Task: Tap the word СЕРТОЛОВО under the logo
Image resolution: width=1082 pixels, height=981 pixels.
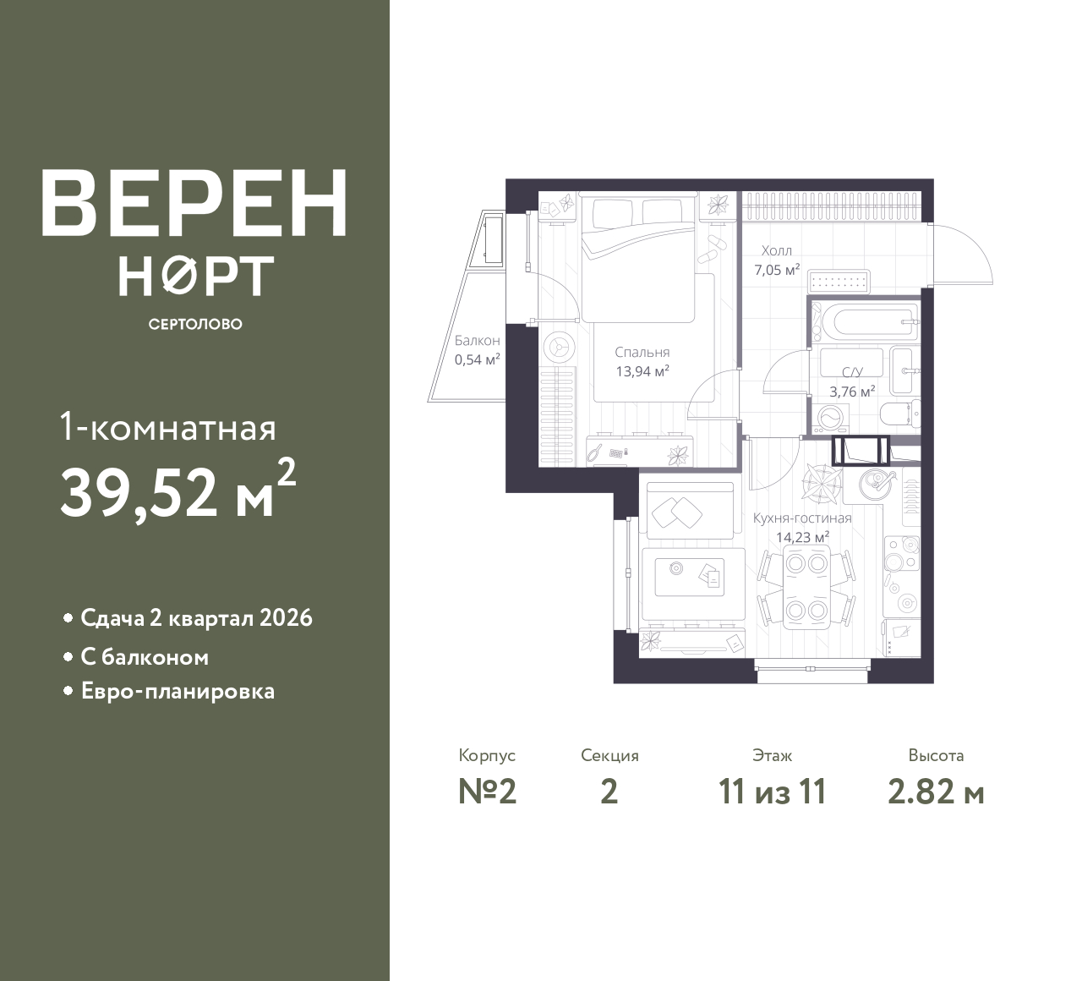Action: coord(195,325)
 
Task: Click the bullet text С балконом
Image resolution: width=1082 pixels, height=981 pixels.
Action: coord(145,657)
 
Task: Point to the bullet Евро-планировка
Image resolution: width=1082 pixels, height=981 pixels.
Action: coord(178,691)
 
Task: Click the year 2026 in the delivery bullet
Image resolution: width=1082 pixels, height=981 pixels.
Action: coord(286,618)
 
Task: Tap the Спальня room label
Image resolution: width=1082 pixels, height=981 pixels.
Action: coord(642,352)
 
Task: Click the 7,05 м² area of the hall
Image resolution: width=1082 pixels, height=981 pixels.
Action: coord(776,271)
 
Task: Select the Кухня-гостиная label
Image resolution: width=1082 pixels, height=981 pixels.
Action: coord(801,518)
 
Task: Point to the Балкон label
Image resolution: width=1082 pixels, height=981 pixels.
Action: coord(477,341)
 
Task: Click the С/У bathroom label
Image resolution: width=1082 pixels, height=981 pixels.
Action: coord(851,372)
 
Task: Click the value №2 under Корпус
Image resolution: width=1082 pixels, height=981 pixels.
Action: coord(487,792)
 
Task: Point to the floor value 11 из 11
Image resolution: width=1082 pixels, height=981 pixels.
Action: coord(772,792)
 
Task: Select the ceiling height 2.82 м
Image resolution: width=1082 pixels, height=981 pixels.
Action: coord(936,792)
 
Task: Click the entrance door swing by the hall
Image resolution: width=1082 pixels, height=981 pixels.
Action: coord(964,254)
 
